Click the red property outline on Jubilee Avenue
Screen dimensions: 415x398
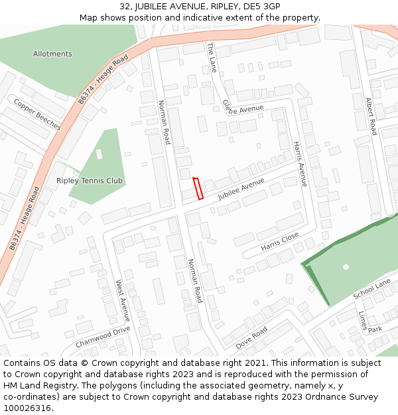198,189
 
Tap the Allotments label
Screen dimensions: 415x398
52,54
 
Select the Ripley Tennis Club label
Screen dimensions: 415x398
90,181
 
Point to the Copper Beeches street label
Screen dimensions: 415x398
37,115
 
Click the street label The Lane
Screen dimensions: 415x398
212,57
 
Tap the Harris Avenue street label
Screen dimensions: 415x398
300,163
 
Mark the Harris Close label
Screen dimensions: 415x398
280,242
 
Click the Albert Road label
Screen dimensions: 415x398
371,116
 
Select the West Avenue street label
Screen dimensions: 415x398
123,301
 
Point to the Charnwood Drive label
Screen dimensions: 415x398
103,337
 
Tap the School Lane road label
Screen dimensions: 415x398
371,290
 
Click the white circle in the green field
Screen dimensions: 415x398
346,267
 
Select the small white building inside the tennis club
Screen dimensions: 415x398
99,154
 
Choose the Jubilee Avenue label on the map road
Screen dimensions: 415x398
241,189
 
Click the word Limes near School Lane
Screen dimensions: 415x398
362,320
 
